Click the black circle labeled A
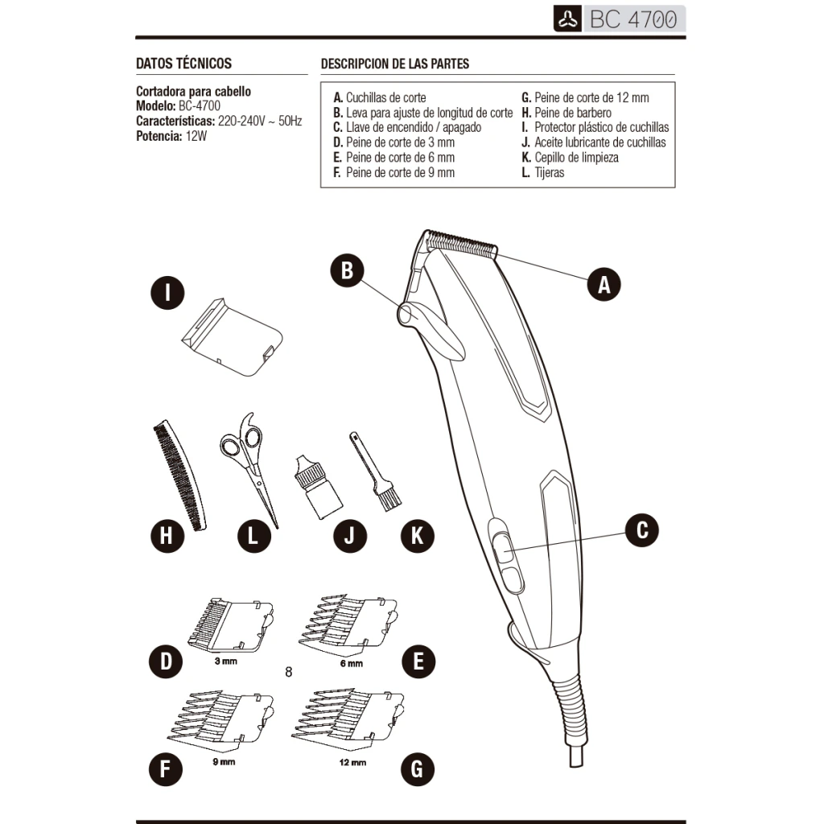[604, 284]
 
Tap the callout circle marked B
[347, 270]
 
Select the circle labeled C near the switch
[641, 529]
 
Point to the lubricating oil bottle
[317, 487]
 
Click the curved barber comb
[179, 475]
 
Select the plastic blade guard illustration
[232, 337]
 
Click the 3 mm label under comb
[225, 661]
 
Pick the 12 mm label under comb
[352, 763]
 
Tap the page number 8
[288, 672]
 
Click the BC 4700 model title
[633, 19]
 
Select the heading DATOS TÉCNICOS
[184, 64]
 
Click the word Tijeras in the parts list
[549, 172]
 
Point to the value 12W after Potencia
[196, 136]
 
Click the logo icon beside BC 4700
[567, 19]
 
